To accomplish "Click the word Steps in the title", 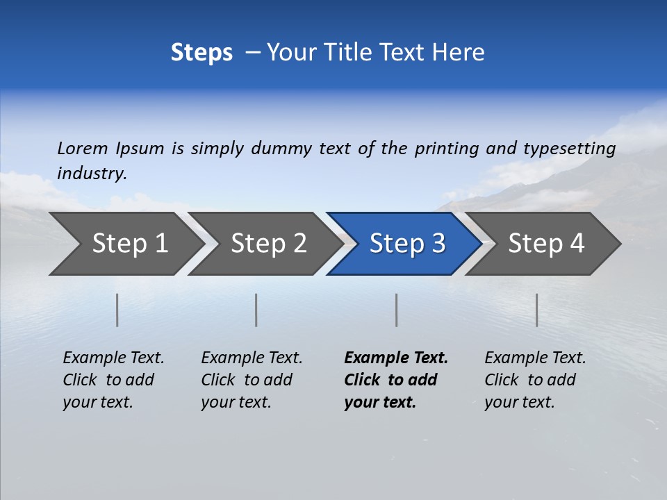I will pos(201,53).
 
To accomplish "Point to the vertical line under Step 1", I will pos(117,310).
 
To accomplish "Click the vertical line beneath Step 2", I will pos(256,310).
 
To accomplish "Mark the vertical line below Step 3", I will pos(396,310).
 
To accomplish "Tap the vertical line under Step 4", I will pos(536,310).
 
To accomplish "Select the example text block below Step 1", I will pos(113,380).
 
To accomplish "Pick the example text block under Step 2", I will pos(252,380).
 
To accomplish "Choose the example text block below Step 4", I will pos(535,380).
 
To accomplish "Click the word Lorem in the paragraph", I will pos(82,149).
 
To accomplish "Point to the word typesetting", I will pos(569,149).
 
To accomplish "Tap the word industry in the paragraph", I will pos(92,174).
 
